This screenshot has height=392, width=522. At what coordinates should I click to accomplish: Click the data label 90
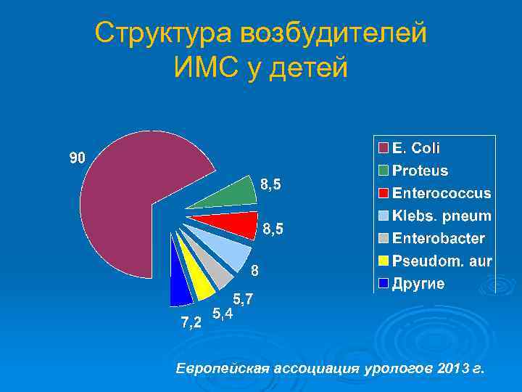point(78,158)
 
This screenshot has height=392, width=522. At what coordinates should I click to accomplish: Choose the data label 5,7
point(243,298)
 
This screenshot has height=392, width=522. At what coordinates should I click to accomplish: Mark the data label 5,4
point(222,314)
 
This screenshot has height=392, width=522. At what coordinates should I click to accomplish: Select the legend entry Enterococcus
point(441,194)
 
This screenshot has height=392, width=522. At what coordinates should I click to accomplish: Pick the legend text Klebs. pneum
point(441,216)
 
